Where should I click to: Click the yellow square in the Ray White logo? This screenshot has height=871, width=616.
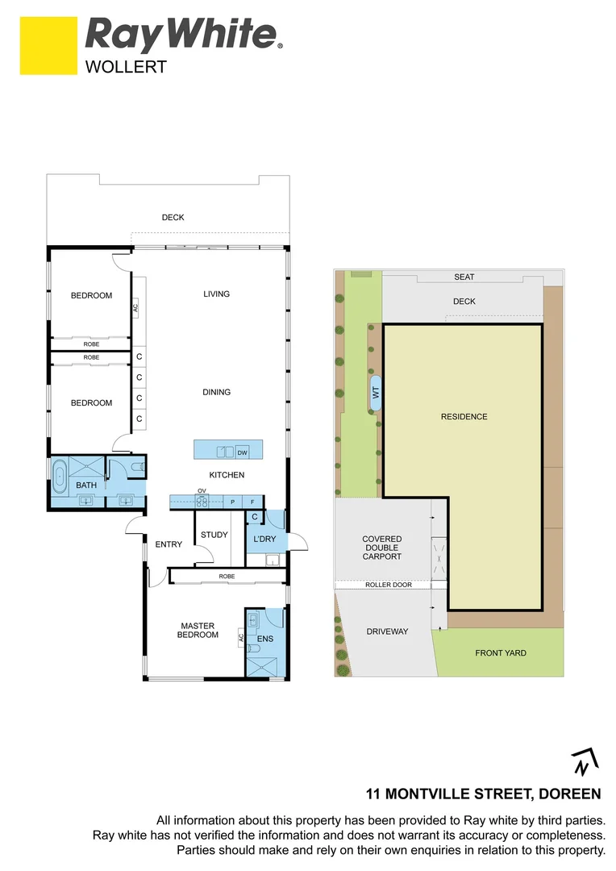tap(48, 46)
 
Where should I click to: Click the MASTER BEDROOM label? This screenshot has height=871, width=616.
tap(198, 630)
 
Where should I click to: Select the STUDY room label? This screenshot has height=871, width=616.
tap(214, 535)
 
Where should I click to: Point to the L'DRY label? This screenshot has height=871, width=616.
tap(265, 538)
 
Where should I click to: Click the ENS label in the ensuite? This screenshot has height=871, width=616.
tap(265, 640)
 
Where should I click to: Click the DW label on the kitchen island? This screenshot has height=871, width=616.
tap(242, 452)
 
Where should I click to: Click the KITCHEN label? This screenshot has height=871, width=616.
tap(227, 475)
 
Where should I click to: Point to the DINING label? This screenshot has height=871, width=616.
tap(216, 392)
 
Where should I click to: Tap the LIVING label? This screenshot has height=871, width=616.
tap(216, 294)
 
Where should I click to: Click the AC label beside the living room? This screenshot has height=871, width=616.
tap(135, 307)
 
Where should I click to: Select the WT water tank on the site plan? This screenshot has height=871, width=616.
tap(375, 393)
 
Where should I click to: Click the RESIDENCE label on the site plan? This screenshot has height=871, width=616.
tap(464, 417)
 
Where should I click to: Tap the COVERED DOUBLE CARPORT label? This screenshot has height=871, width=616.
tap(381, 548)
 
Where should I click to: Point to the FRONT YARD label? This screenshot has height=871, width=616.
tap(500, 653)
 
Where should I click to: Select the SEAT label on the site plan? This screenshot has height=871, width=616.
tap(464, 277)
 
